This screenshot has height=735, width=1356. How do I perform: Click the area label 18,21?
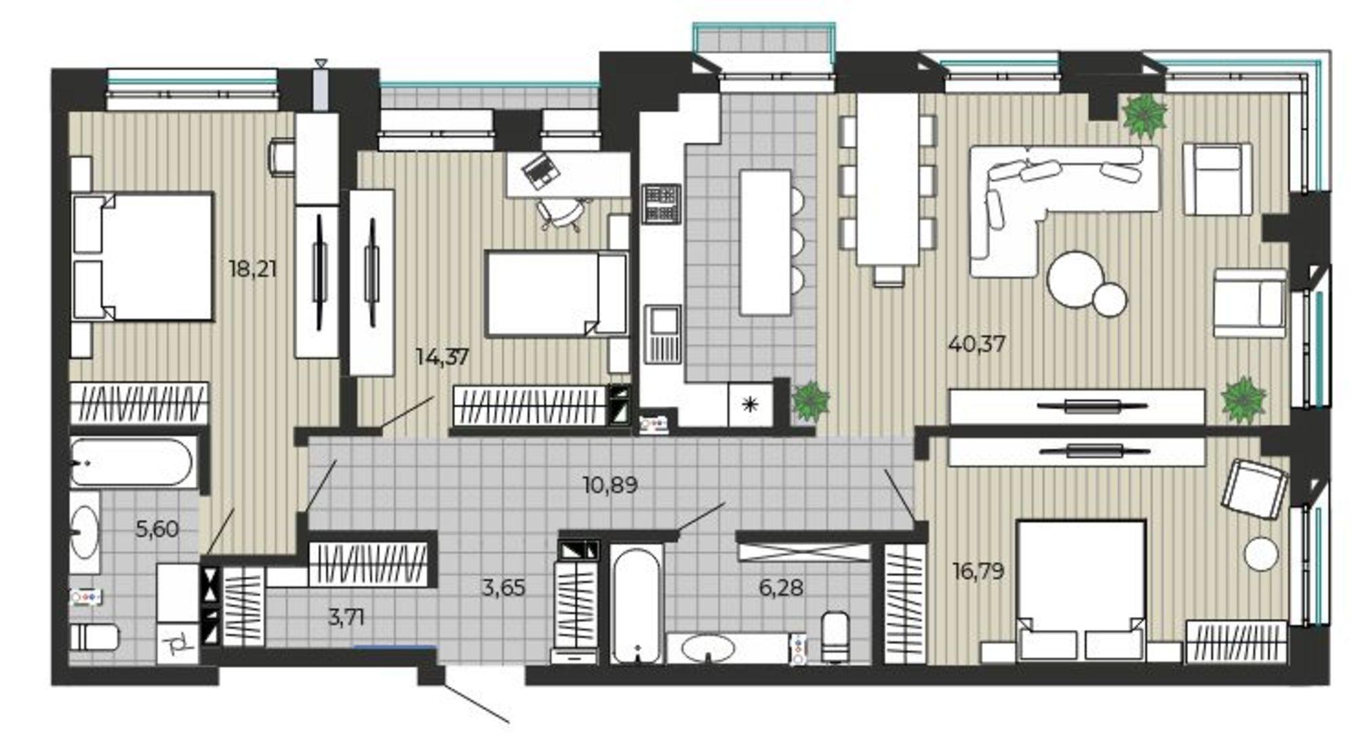click(253, 269)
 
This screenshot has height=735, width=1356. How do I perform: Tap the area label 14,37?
click(442, 357)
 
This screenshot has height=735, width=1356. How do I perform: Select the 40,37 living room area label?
click(977, 344)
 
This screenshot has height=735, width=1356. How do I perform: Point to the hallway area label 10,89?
click(610, 485)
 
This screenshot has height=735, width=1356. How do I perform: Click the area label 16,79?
click(978, 571)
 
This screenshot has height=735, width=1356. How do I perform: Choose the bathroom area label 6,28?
click(781, 587)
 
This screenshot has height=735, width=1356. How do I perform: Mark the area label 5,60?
click(157, 529)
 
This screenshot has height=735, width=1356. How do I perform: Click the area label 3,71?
click(346, 617)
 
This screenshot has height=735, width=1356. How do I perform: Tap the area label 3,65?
click(503, 587)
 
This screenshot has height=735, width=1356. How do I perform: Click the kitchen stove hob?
click(661, 203)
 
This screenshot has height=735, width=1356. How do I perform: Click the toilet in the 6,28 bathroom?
click(835, 636)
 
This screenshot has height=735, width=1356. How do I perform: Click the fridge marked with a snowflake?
click(750, 405)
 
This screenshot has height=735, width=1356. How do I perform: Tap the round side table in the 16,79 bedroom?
click(1261, 553)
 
